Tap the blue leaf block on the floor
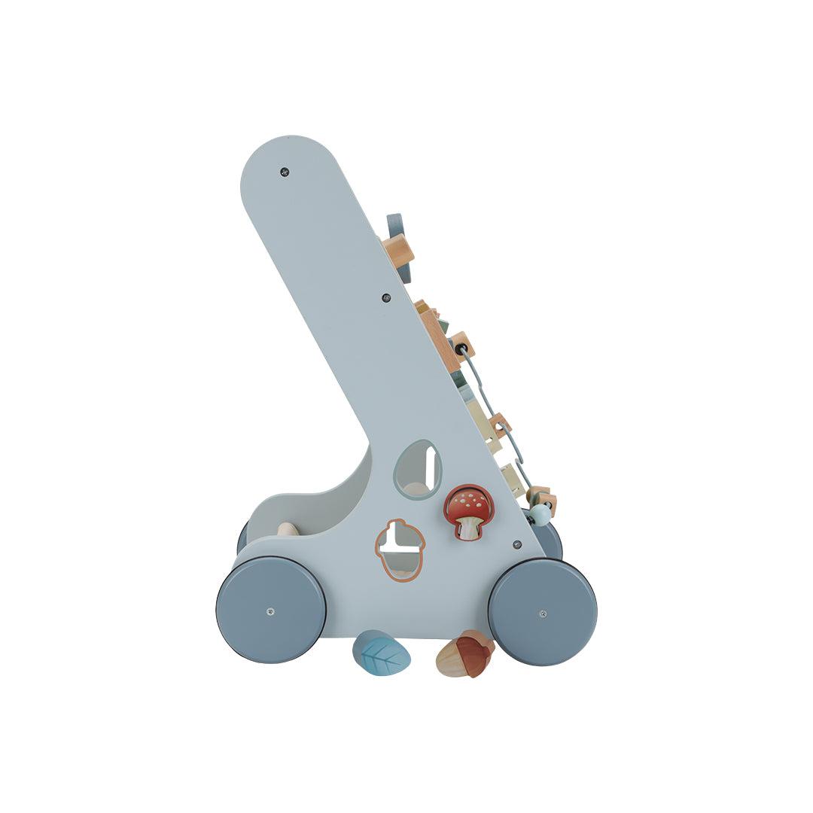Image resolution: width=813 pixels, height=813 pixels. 382,653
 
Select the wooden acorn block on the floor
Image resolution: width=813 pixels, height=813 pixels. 465,655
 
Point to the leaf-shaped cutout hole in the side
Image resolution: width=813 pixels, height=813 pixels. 418,470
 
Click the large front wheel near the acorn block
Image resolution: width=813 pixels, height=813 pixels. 542,611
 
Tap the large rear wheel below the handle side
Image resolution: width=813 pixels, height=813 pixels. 271,610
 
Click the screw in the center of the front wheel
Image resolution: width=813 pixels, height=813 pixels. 543,613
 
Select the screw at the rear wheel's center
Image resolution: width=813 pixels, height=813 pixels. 270,611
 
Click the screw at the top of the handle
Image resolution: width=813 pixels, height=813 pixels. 284,172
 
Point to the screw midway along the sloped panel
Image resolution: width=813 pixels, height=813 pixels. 386,297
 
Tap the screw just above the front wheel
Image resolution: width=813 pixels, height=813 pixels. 516,544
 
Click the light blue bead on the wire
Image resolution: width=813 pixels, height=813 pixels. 539,515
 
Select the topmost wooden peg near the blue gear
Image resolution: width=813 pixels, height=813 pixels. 398,251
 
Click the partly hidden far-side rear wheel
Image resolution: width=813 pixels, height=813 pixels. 242,536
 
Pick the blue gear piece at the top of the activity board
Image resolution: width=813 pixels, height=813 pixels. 396,227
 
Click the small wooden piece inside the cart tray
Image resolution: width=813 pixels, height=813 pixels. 288,529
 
